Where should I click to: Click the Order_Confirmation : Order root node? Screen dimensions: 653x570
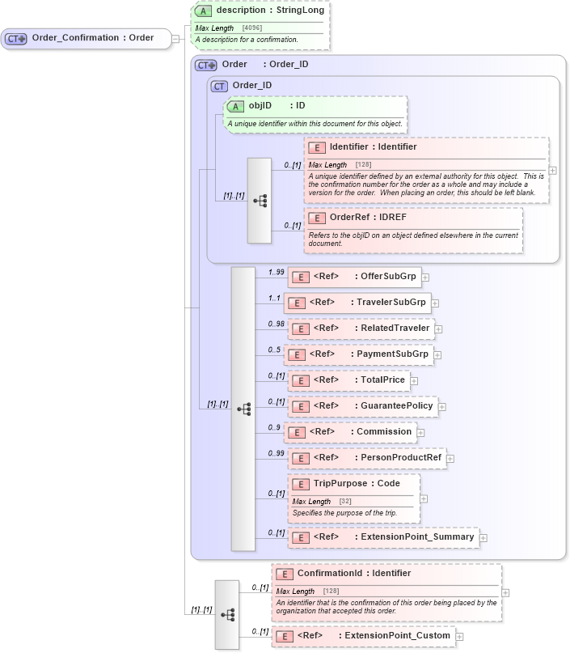coord(86,38)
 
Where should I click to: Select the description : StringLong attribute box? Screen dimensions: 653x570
coord(260,11)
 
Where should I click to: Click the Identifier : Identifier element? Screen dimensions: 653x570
coord(373,147)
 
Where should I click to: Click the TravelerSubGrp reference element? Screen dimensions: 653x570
coord(358,303)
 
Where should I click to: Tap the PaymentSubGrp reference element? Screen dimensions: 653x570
coord(358,354)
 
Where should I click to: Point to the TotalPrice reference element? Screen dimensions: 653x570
coord(348,380)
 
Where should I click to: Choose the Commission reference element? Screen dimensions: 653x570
coord(350,432)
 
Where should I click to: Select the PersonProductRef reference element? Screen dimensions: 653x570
coord(366,458)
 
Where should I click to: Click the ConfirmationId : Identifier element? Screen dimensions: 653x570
coord(353,574)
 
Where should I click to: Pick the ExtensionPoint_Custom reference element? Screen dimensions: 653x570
coord(362,636)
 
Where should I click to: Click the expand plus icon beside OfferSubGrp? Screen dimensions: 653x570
coord(425,278)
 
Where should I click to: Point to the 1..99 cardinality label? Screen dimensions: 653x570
coord(276,272)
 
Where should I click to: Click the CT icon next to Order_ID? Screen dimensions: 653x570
coord(218,86)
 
